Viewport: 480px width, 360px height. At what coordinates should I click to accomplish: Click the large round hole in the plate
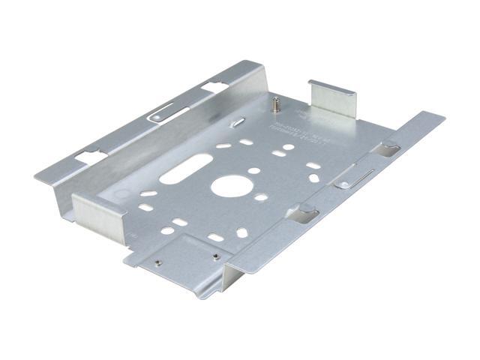coord(228,185)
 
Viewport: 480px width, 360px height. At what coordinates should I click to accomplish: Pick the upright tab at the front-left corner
coord(97,213)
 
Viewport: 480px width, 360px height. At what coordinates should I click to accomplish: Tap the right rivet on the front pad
coord(215,256)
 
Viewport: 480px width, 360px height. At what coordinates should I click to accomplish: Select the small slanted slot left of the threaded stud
coord(237,121)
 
